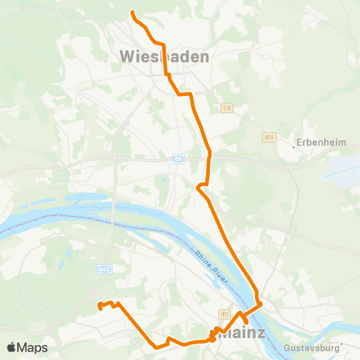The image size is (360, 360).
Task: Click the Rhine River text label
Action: [x=210, y=266]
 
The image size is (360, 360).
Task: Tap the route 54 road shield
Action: [x=226, y=108]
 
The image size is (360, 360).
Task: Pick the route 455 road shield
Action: [x=268, y=137]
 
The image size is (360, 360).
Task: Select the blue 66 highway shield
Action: [x=178, y=159]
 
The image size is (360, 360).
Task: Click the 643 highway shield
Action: [x=104, y=268]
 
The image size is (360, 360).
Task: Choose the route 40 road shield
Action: [x=223, y=313]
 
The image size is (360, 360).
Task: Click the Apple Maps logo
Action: [x=27, y=347]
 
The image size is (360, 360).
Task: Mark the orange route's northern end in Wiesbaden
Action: [x=132, y=13]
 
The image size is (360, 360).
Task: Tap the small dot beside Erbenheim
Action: [x=294, y=147]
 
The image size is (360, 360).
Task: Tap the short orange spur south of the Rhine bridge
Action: [x=244, y=320]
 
